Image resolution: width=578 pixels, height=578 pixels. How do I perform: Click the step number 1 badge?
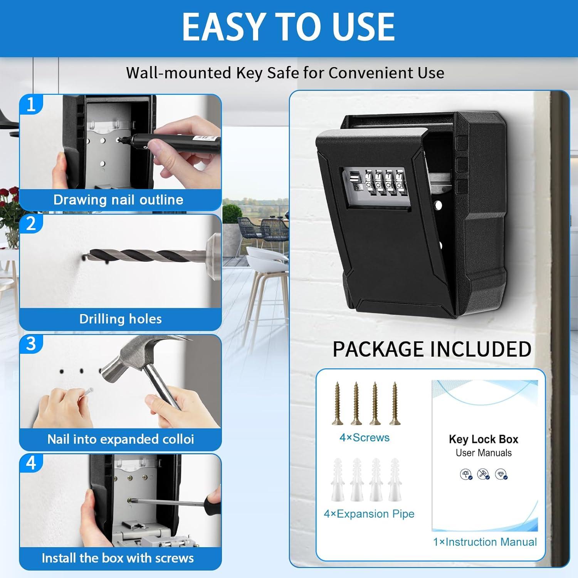click(31, 104)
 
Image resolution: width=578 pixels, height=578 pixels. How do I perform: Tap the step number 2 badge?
click(31, 224)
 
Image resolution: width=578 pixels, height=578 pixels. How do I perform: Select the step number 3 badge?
click(31, 344)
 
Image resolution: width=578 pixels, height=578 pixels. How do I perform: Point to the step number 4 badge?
click(31, 463)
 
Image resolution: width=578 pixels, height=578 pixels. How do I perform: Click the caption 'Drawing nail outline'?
click(118, 200)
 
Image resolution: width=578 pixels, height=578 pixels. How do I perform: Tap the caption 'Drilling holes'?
click(120, 319)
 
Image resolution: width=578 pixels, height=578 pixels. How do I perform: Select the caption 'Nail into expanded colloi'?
click(120, 439)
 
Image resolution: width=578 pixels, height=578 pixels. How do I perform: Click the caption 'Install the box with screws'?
click(118, 558)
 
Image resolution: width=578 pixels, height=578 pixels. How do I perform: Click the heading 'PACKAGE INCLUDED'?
click(432, 349)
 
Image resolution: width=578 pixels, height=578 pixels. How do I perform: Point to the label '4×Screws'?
click(365, 438)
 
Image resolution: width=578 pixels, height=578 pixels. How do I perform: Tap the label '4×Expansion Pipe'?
click(369, 514)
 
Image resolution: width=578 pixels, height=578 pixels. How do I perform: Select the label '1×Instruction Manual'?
click(485, 542)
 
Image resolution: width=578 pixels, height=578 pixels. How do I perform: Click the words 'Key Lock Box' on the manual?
click(484, 439)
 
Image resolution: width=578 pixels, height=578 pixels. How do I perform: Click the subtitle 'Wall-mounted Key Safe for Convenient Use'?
click(285, 73)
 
